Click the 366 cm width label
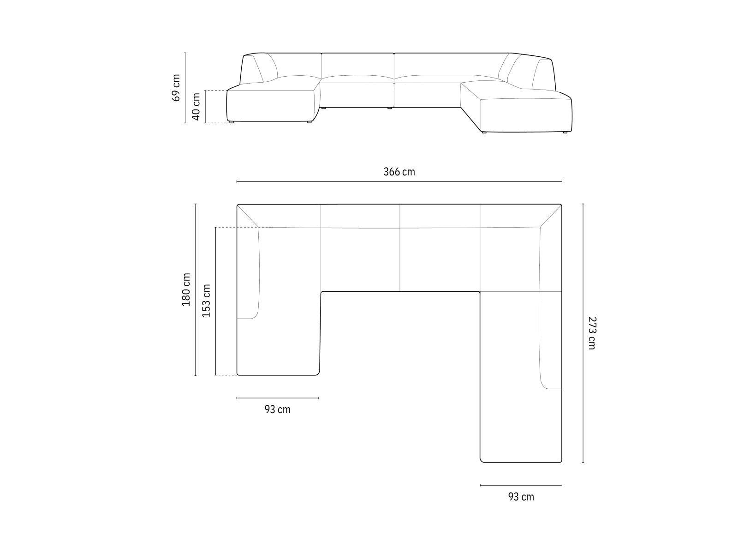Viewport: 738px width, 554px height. pos(399,172)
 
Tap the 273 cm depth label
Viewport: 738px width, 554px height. pos(592,333)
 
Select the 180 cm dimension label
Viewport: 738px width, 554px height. pos(186,289)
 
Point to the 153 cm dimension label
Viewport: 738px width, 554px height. pos(206,301)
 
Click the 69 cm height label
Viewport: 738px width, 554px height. pos(176,88)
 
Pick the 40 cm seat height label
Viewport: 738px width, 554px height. pos(196,107)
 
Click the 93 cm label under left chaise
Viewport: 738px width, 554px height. pos(278,409)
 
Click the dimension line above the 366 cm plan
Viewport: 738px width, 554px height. pos(399,182)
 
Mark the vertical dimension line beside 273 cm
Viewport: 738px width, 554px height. pos(583,333)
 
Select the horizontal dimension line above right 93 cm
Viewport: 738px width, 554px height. pos(521,485)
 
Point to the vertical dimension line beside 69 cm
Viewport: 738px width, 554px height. pos(185,88)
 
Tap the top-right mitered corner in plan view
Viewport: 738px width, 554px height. pos(551,216)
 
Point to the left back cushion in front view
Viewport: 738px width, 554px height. pos(265,67)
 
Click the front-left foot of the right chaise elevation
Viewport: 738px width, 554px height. pos(483,133)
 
